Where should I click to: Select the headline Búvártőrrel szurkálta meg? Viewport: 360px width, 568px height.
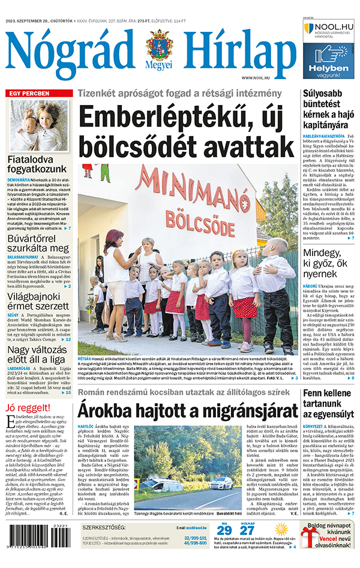(38, 241)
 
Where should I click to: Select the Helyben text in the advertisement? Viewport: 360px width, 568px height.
(328, 69)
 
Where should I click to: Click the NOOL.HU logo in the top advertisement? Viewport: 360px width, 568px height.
(329, 28)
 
